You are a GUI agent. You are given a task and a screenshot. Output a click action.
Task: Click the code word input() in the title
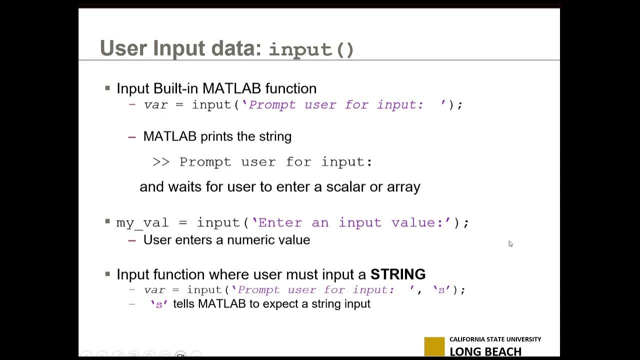(311, 49)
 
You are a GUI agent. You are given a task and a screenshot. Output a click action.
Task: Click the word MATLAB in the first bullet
(231, 88)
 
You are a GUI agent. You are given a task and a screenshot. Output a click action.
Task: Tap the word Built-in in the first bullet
(175, 88)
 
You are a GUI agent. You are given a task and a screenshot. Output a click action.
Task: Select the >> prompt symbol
(161, 162)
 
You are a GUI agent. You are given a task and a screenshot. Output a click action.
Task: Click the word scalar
(345, 187)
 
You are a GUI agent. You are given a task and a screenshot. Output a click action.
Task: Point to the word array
(403, 187)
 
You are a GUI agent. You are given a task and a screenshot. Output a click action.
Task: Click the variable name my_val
(142, 222)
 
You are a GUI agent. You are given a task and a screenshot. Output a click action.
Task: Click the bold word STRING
(397, 274)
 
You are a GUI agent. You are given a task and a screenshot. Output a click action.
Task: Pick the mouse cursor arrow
(510, 243)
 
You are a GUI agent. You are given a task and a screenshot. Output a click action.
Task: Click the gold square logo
(434, 346)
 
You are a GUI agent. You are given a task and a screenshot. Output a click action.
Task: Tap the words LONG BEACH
(485, 351)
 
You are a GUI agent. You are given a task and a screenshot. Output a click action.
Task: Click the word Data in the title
(236, 48)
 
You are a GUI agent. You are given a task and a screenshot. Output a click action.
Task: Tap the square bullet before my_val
(107, 221)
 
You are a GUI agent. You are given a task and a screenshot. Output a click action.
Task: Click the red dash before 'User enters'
(132, 240)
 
